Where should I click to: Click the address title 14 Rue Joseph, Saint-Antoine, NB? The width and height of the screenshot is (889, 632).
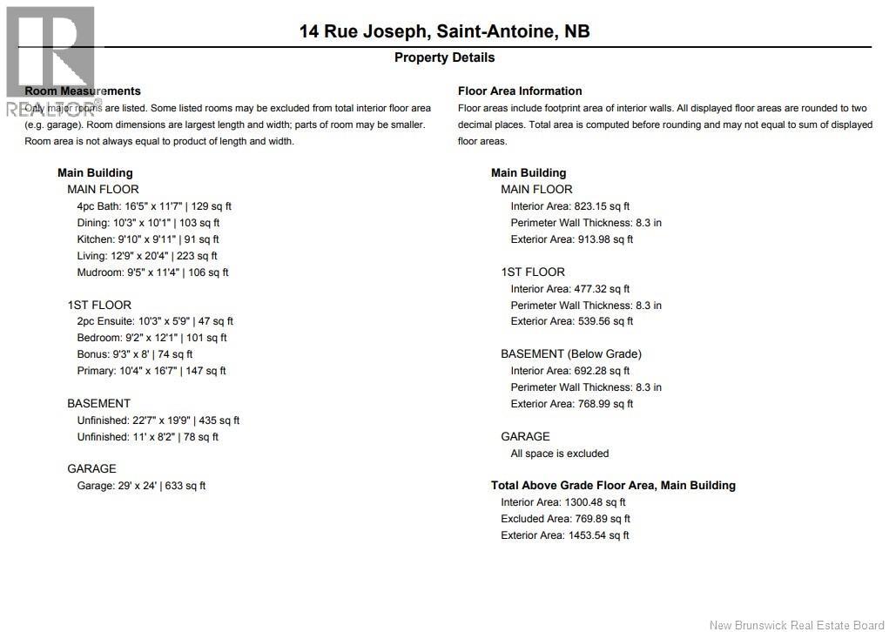(x=444, y=31)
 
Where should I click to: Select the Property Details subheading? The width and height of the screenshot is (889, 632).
(x=444, y=57)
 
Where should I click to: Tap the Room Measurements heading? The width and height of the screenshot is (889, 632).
(x=83, y=91)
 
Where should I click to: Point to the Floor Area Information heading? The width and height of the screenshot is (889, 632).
(x=520, y=91)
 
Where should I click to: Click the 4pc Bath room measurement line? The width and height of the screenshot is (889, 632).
(x=154, y=206)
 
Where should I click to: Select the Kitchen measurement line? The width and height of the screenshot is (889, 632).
(x=148, y=239)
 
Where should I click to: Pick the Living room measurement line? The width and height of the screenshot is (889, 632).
(x=147, y=256)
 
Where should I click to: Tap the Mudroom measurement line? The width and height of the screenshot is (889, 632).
(x=152, y=272)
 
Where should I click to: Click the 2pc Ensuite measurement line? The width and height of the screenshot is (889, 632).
(x=155, y=321)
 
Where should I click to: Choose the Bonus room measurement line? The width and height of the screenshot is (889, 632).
(x=135, y=354)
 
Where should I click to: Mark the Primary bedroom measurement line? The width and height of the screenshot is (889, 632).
(x=152, y=371)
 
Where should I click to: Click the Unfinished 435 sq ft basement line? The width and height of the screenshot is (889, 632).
(x=158, y=420)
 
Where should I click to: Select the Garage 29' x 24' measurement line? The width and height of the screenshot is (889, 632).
(x=141, y=486)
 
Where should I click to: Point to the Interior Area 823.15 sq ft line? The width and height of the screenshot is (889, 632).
(x=570, y=206)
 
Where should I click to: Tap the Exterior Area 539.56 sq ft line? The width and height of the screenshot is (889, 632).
(x=572, y=321)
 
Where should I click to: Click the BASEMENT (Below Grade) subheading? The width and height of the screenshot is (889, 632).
(x=571, y=354)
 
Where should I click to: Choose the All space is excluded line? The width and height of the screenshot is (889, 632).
(x=560, y=454)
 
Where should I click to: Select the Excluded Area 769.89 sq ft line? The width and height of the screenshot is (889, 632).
(x=565, y=519)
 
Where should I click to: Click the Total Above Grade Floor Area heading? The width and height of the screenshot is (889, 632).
(x=613, y=486)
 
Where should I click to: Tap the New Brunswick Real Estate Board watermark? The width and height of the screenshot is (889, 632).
(x=796, y=623)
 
